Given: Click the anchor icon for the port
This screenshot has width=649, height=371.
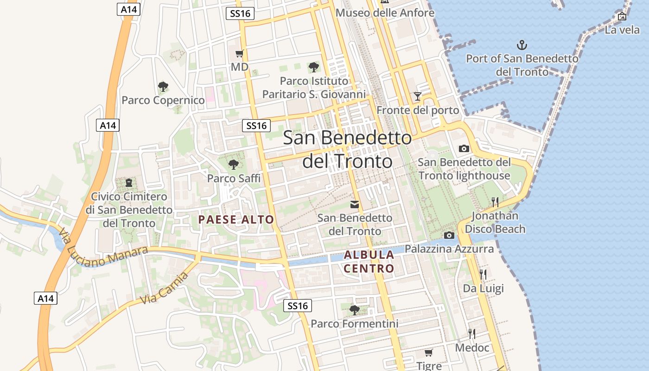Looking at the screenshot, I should (x=522, y=45).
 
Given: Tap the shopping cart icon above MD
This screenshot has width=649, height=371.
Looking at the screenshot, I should (x=239, y=53).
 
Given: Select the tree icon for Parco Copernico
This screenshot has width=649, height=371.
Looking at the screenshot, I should (x=163, y=86).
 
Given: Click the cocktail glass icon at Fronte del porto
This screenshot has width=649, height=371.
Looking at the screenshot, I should (x=418, y=96).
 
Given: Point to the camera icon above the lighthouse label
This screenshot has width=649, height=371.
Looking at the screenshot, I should (x=464, y=148).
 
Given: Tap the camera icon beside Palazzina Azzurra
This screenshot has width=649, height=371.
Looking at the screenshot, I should (x=449, y=235).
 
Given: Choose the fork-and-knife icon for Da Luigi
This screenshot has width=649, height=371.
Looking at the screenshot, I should (x=483, y=274).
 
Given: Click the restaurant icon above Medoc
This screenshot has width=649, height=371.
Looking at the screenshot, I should (x=472, y=333).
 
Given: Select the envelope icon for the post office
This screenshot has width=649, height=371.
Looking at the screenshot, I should (x=355, y=204).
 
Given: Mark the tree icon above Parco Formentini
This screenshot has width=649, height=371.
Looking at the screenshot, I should (x=355, y=310).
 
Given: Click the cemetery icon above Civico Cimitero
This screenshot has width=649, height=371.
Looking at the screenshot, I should (x=128, y=183).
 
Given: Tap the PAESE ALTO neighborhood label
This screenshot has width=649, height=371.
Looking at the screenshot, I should (x=236, y=219).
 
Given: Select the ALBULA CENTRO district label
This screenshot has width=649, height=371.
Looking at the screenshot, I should (x=369, y=261).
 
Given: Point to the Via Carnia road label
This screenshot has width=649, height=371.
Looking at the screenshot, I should (x=165, y=288).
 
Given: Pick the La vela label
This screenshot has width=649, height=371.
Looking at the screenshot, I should (x=622, y=30).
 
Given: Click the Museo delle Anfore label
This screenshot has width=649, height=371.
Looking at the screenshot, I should (x=385, y=13).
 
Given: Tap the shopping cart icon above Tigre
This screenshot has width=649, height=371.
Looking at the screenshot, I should (x=429, y=352).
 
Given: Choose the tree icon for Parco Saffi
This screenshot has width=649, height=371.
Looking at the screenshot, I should (x=234, y=164).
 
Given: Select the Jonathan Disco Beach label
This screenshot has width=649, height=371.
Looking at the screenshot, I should (x=495, y=222).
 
